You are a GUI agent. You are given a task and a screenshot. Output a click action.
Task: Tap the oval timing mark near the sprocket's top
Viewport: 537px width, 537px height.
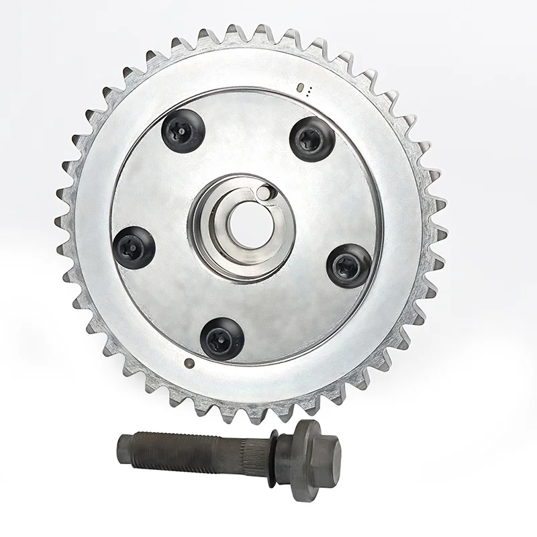click(x=301, y=87)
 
